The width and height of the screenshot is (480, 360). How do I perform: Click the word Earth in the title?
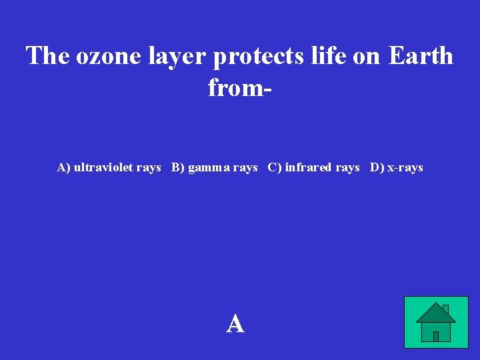click(421, 56)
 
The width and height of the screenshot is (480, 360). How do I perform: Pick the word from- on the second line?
click(239, 87)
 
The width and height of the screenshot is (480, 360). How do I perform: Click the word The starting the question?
click(49, 56)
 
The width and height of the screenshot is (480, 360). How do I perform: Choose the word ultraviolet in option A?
click(103, 167)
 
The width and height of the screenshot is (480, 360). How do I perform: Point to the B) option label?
click(178, 167)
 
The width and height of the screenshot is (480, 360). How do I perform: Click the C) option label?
click(275, 167)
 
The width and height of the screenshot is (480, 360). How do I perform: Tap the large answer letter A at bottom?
click(235, 324)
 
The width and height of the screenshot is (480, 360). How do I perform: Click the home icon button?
click(436, 322)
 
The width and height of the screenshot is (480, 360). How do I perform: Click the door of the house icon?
click(436, 336)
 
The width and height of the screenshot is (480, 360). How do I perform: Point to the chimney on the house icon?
click(445, 309)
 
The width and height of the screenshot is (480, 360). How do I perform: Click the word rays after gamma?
click(245, 168)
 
